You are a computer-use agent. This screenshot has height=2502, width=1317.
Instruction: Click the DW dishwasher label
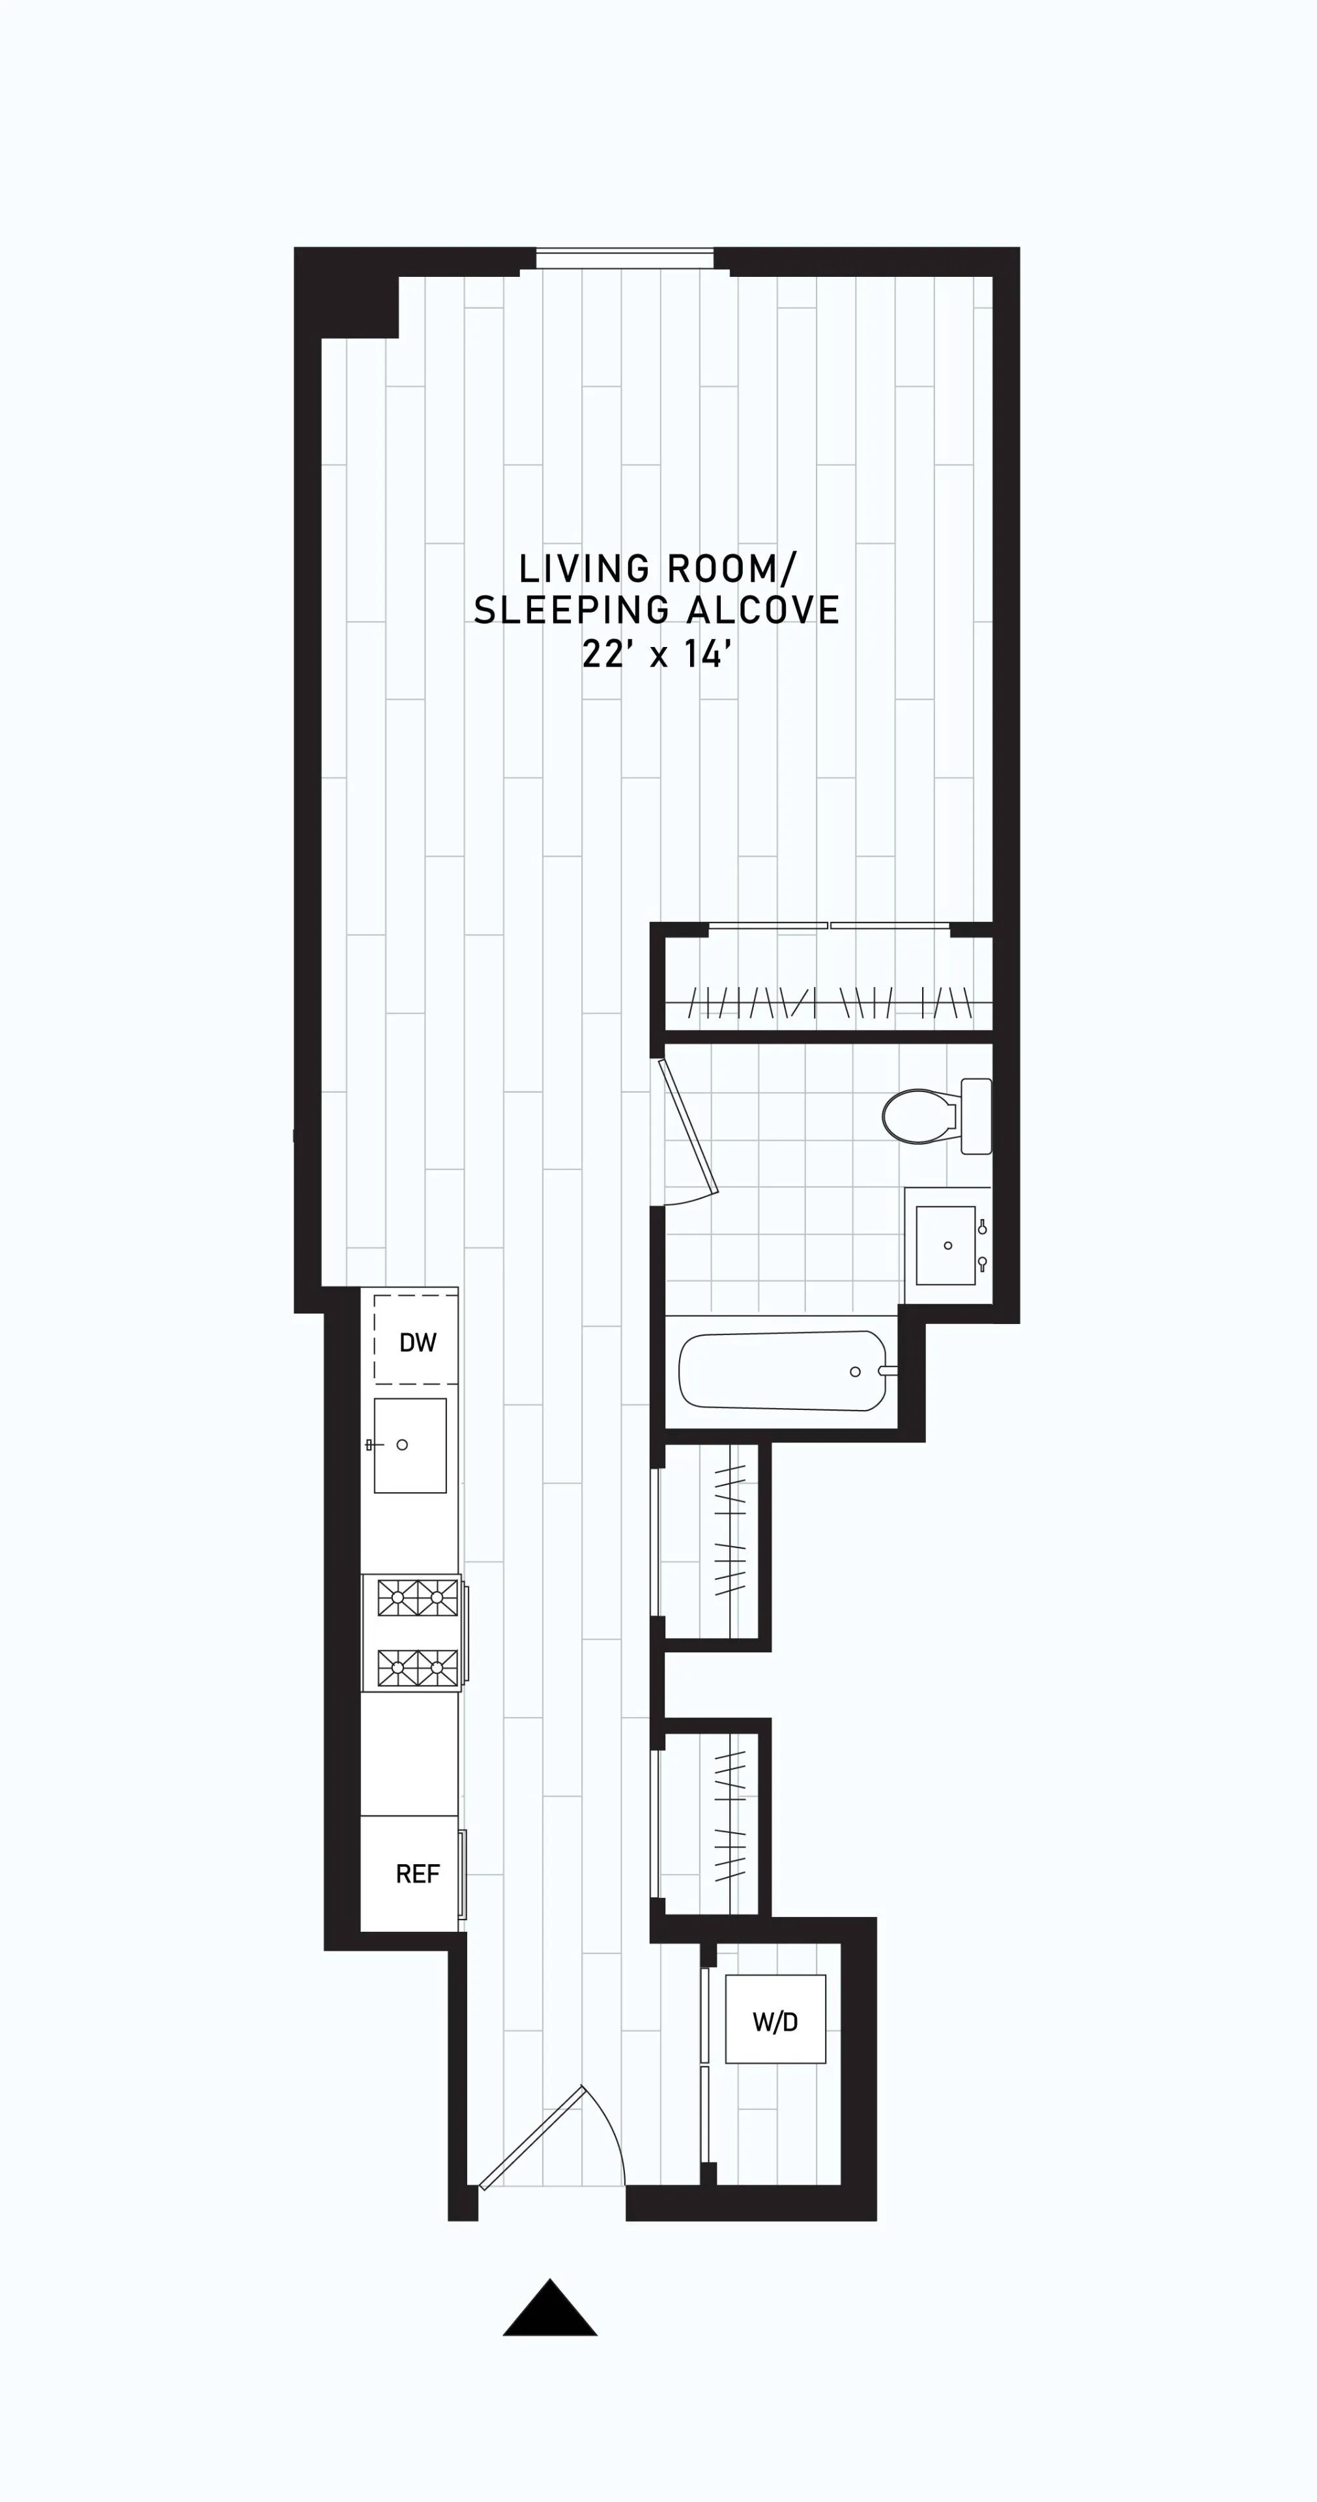pyautogui.click(x=418, y=1342)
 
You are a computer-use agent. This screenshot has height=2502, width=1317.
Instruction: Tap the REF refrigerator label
pyautogui.click(x=418, y=1874)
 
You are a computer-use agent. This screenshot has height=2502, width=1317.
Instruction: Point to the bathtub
pyautogui.click(x=783, y=1370)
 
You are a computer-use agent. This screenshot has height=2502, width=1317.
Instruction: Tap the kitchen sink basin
pyautogui.click(x=410, y=1445)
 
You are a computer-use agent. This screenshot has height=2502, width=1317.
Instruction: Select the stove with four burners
pyautogui.click(x=416, y=1633)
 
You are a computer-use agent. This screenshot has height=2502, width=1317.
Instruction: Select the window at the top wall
pyautogui.click(x=624, y=259)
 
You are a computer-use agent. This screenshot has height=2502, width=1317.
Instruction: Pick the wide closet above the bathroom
pyautogui.click(x=828, y=983)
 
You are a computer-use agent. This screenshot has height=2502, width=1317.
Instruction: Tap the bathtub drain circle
pyautogui.click(x=855, y=1372)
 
